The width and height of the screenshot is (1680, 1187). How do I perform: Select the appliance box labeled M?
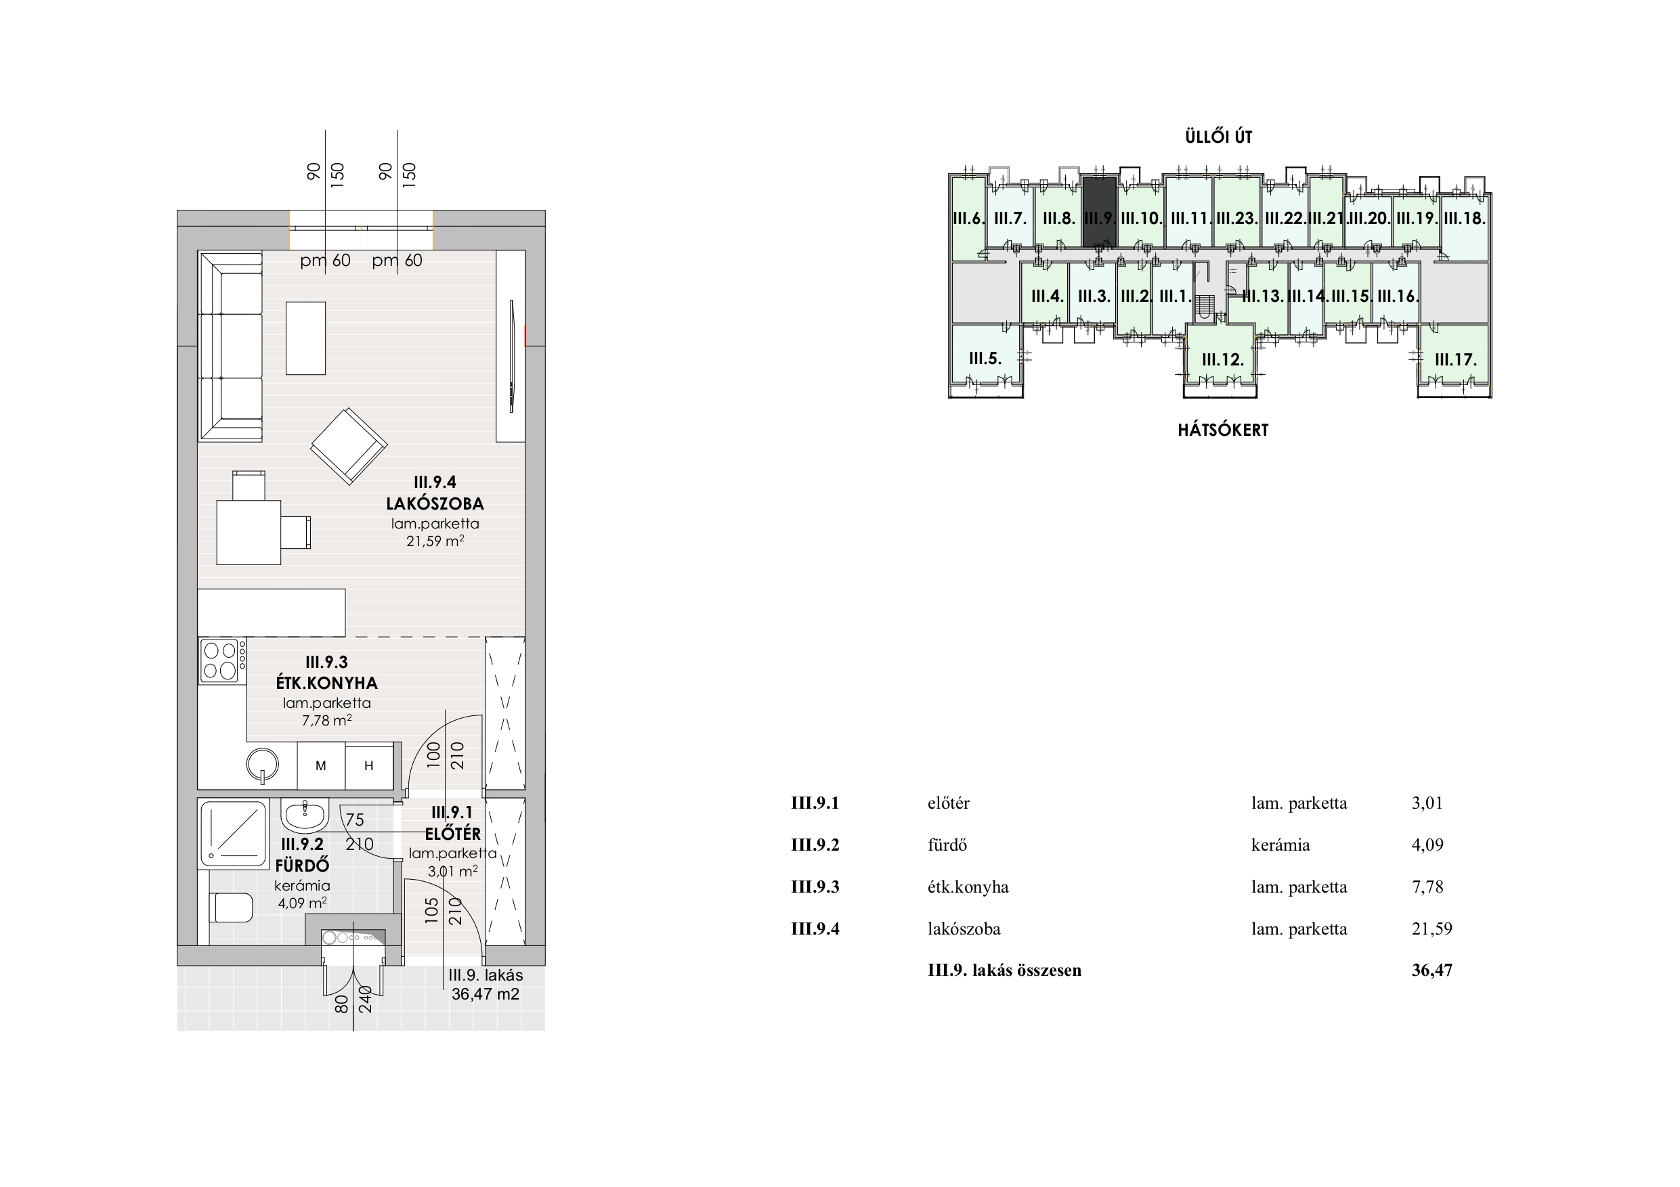[x=320, y=766]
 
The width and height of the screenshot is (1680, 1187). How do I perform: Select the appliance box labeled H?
[x=370, y=766]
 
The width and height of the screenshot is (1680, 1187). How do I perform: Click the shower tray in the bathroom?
[x=234, y=833]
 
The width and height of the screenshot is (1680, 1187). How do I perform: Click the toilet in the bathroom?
[x=230, y=908]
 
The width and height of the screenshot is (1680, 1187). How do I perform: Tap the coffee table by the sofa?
[x=306, y=338]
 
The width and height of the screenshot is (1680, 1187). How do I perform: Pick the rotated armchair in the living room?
[x=349, y=446]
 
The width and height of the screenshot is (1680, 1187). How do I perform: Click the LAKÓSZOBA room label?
[x=435, y=503]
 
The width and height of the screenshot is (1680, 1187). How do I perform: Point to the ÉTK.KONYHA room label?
[x=327, y=683]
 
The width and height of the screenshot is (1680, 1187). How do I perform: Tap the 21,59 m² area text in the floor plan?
[x=435, y=541]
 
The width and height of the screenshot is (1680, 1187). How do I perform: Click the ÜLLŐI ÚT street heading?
[x=1218, y=137]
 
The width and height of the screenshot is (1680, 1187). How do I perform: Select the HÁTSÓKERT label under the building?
[x=1223, y=430]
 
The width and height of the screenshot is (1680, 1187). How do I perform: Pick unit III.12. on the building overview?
[x=1223, y=360]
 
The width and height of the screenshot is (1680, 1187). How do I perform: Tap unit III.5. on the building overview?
[x=985, y=359]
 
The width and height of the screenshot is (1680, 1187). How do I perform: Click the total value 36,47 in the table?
[x=1432, y=970]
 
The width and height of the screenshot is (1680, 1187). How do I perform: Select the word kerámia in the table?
[x=1280, y=845]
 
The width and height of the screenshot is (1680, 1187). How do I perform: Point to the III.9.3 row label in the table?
[x=815, y=887]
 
